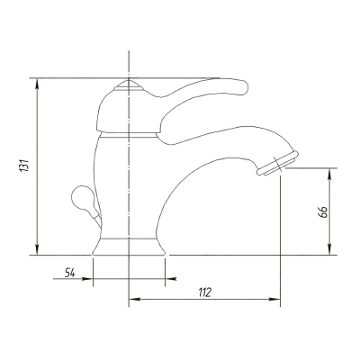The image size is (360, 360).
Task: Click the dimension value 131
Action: coord(24,165)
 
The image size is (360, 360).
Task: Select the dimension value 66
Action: coord(322,212)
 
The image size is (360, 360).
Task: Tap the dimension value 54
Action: coord(69,273)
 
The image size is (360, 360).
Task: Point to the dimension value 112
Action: coord(205,292)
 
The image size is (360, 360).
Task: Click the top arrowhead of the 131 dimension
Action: coord(37,84)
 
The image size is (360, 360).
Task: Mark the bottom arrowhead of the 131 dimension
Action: coord(37,249)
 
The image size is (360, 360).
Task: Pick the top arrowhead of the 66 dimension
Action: coord(329,174)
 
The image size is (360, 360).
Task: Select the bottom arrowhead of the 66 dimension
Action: coord(329,249)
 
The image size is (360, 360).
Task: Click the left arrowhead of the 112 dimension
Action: coord(134,299)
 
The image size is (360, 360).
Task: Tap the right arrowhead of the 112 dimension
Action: coord(274,299)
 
